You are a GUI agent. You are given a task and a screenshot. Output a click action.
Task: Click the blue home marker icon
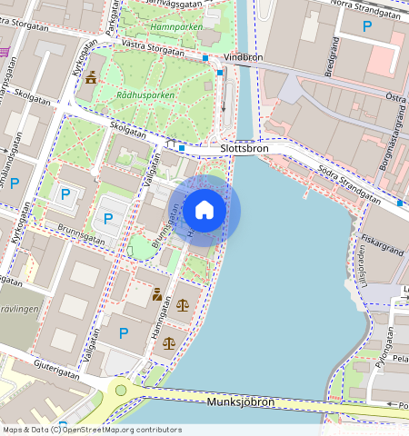204,210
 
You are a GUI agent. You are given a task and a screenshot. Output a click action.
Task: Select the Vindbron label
243,56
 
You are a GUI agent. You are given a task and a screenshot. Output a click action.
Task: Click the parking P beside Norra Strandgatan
367,28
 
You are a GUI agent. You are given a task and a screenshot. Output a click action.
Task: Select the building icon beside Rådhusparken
90,79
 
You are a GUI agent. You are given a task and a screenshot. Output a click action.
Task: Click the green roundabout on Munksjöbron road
119,391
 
